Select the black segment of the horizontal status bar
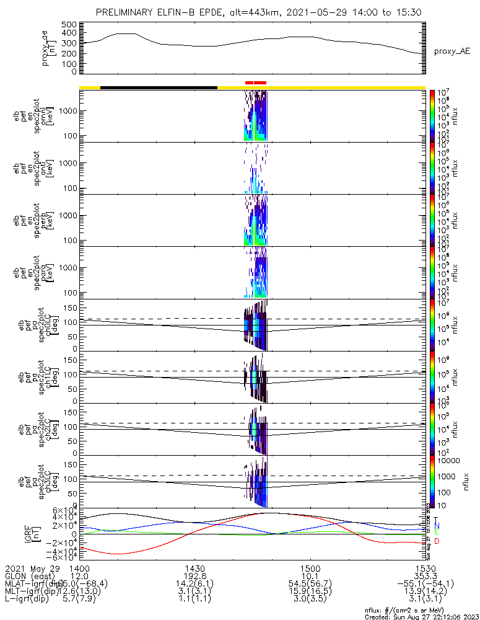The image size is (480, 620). [159, 87]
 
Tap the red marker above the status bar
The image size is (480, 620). [256, 82]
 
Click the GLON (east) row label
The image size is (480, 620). [32, 576]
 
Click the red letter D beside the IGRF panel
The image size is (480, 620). [437, 541]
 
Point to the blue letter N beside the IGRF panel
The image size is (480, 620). [437, 526]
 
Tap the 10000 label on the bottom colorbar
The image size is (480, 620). [449, 461]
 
